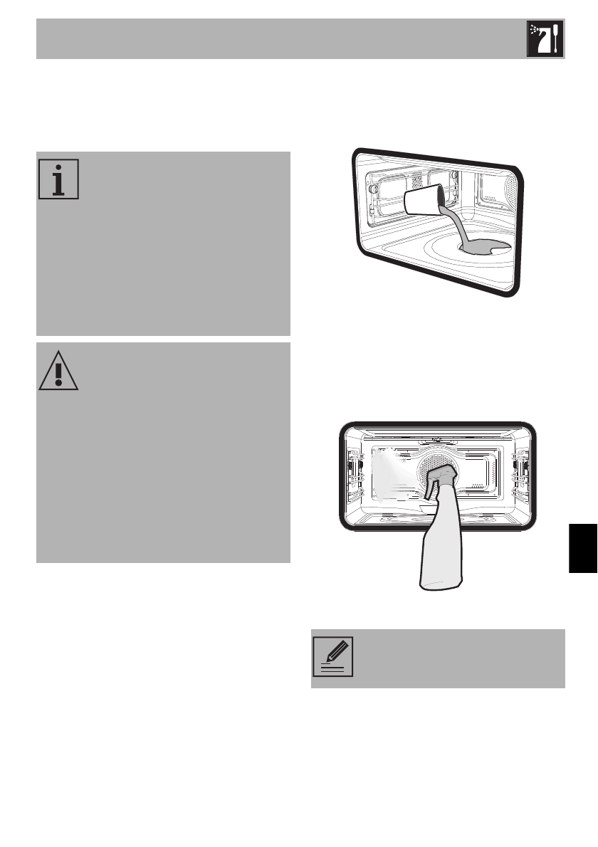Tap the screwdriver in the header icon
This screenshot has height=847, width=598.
(x=555, y=40)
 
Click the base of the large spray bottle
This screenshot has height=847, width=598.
(x=440, y=580)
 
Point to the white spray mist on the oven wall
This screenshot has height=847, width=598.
(x=388, y=470)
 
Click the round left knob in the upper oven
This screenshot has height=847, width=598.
(x=371, y=189)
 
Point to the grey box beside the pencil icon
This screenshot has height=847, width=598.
(x=456, y=658)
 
